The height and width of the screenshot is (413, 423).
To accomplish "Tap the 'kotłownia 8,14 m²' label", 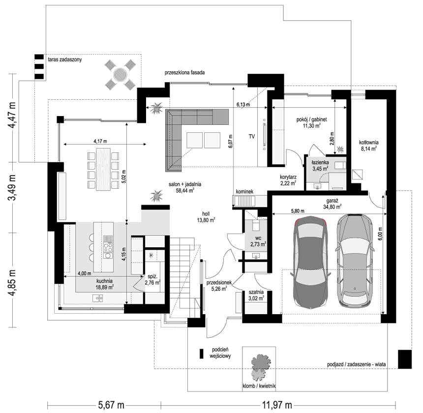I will coord(368,144).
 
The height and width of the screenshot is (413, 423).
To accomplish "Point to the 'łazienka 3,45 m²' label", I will coord(320,165).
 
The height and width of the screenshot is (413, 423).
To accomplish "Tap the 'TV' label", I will coord(251,136).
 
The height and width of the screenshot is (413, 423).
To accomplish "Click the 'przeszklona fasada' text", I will coord(184,72).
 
